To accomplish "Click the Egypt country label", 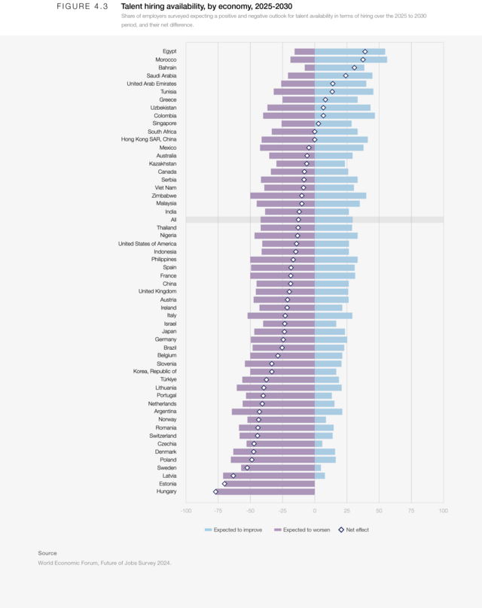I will click(x=169, y=51).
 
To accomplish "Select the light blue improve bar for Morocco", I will click(x=351, y=59).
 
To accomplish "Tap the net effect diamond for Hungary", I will click(x=216, y=491).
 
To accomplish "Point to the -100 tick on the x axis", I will click(x=186, y=510).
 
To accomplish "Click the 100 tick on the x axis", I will click(x=443, y=510).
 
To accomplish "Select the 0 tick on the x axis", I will click(x=315, y=510).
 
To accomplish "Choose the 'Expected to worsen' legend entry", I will click(x=301, y=530).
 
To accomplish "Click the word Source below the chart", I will click(x=47, y=553).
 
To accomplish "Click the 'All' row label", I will click(x=173, y=220).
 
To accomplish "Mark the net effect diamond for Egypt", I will click(x=365, y=51).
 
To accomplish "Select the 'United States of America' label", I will click(x=148, y=244).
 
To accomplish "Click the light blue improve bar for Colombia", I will click(x=345, y=116).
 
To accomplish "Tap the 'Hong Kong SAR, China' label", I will click(x=149, y=139).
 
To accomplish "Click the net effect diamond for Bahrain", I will click(x=355, y=68).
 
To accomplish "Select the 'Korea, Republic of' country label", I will click(x=155, y=371).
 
